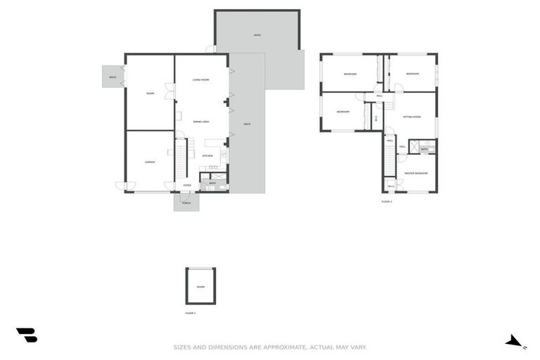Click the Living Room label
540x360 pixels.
click(x=201, y=80)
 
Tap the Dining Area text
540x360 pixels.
click(x=201, y=122)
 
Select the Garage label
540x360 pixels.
click(x=150, y=162)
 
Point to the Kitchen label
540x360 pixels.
click(x=207, y=155)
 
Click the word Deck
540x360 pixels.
click(x=247, y=124)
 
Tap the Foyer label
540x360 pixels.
click(x=187, y=186)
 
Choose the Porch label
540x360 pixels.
click(x=186, y=203)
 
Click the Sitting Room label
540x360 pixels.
click(x=412, y=117)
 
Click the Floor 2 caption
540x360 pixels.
click(x=387, y=202)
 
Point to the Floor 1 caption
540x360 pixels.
click(x=191, y=312)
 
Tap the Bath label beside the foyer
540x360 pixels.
click(x=212, y=184)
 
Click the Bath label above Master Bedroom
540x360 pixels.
click(x=425, y=149)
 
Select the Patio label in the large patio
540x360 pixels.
click(x=257, y=35)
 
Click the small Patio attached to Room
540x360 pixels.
click(x=112, y=77)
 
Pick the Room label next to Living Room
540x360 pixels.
click(x=150, y=94)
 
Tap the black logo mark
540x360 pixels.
click(x=27, y=335)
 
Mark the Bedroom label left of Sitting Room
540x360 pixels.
click(x=343, y=112)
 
